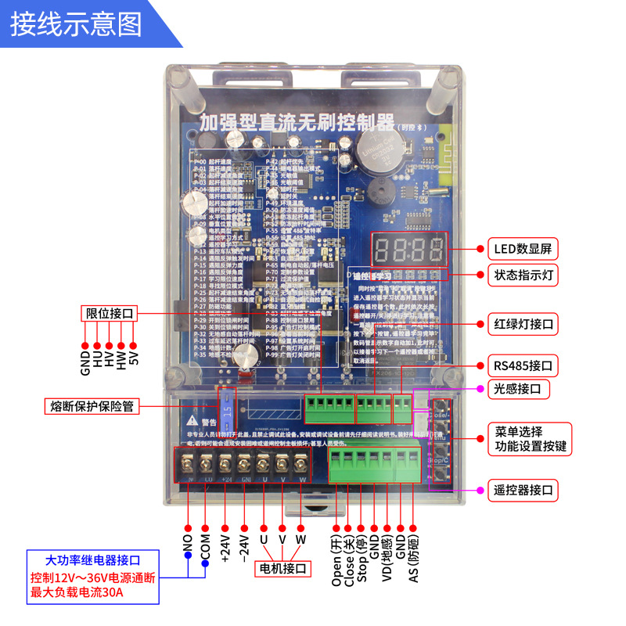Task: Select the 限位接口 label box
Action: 110,314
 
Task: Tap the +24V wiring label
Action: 225,547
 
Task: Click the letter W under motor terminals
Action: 300,540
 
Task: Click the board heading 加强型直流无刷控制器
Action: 296,123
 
